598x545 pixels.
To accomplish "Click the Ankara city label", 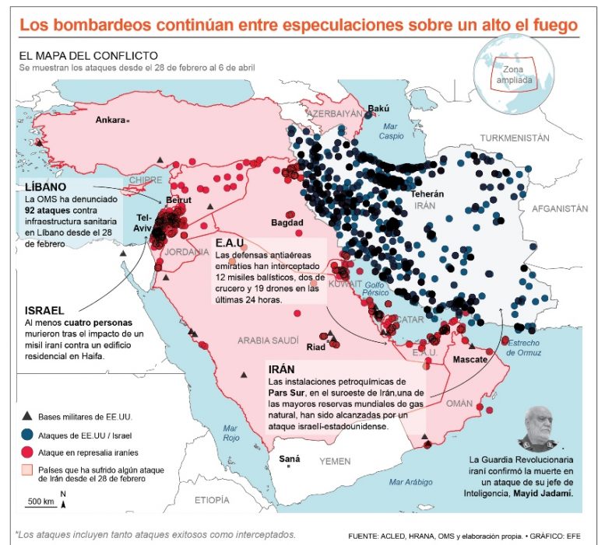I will coord(110,121).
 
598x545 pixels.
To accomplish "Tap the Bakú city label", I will coord(378,109).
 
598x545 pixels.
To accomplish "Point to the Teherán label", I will coord(427,194).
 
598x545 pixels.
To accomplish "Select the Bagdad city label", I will coord(287,223).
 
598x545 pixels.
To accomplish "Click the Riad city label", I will coord(315,347).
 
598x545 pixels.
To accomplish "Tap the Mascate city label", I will coord(470,360).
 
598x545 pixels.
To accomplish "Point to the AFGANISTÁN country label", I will coord(559,208).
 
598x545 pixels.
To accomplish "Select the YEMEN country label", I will coord(335,461).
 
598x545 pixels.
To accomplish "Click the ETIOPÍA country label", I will coord(213,499).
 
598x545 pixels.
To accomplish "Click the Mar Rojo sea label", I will coord(230,432).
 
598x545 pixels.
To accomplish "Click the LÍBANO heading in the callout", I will coord(45,188).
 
